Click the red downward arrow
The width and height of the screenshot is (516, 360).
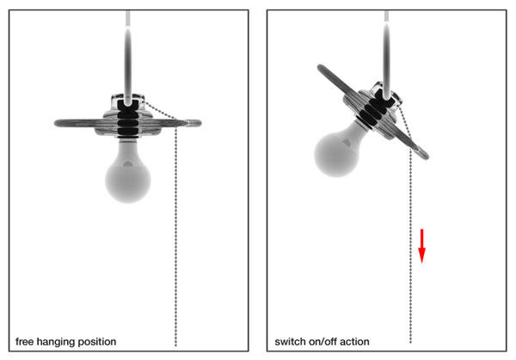[422, 244]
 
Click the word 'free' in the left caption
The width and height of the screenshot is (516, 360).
[25, 342]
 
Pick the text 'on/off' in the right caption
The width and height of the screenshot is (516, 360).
[325, 342]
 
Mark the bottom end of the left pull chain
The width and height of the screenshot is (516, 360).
[176, 345]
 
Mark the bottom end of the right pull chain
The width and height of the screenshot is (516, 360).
[410, 345]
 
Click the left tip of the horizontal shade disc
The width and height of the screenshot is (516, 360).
[56, 124]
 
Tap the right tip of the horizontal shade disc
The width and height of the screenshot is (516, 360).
[200, 123]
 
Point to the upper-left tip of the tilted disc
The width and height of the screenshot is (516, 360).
[322, 67]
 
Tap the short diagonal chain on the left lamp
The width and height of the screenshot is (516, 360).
[157, 110]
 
